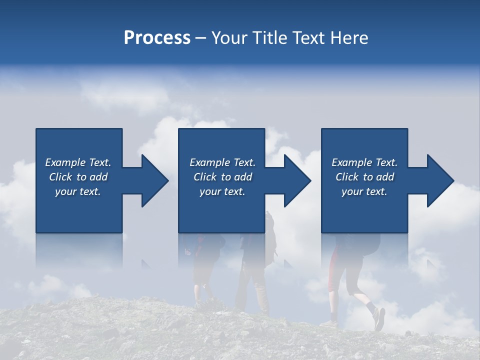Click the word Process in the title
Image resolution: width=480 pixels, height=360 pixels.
coord(157,38)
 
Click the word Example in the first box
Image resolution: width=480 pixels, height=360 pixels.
coord(65,162)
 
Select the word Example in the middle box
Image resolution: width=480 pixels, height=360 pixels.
coord(210,162)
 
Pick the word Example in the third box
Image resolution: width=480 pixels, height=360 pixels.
coord(352,162)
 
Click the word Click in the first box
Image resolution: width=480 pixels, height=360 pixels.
coord(60,177)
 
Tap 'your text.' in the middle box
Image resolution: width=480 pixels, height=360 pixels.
coord(222,191)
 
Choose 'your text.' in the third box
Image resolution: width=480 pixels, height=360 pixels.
coord(364,191)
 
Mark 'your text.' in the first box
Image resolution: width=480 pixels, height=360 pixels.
coord(78,191)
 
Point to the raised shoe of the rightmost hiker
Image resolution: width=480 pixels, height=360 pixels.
coord(379,318)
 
